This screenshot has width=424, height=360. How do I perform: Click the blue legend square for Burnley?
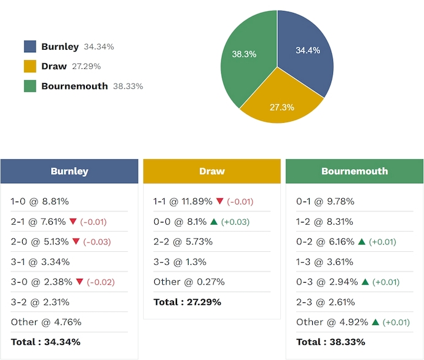click(x=30, y=47)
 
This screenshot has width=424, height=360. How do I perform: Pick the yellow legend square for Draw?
click(x=30, y=66)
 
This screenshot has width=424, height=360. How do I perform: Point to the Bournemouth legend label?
click(x=74, y=87)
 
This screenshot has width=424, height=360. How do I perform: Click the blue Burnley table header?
click(x=69, y=171)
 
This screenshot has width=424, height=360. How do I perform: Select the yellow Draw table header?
click(x=212, y=171)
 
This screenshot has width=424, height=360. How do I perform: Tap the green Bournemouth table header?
click(x=355, y=171)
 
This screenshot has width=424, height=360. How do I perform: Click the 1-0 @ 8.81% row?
click(x=40, y=202)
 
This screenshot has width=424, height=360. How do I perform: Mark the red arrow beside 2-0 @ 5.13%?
click(x=76, y=241)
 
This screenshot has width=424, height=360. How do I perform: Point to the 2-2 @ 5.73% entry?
click(x=183, y=242)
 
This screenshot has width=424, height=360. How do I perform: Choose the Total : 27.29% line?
click(x=187, y=302)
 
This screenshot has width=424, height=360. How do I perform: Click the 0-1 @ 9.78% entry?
click(x=325, y=202)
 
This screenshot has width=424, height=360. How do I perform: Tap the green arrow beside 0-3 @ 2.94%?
click(x=365, y=282)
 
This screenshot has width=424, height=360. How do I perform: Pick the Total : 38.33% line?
click(x=331, y=342)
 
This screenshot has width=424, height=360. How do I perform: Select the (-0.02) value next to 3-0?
click(x=101, y=283)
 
